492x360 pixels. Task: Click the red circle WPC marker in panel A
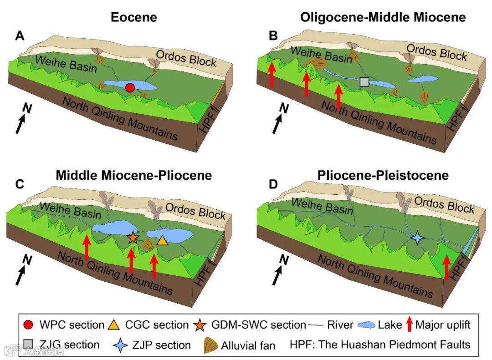[x=130, y=88]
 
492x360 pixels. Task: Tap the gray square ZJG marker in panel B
[x=364, y=82]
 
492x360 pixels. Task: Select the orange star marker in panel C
[x=133, y=237]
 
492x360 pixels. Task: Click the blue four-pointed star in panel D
[x=417, y=238]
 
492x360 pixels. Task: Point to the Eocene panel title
[x=134, y=18]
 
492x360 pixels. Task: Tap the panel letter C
[x=20, y=184]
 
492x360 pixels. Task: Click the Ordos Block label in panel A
[x=186, y=57]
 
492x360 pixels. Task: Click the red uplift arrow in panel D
[x=447, y=267]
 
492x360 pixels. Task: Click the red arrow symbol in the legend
[x=409, y=325]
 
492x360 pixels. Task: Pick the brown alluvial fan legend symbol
[x=210, y=345]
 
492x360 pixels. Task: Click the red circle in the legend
[x=28, y=325]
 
